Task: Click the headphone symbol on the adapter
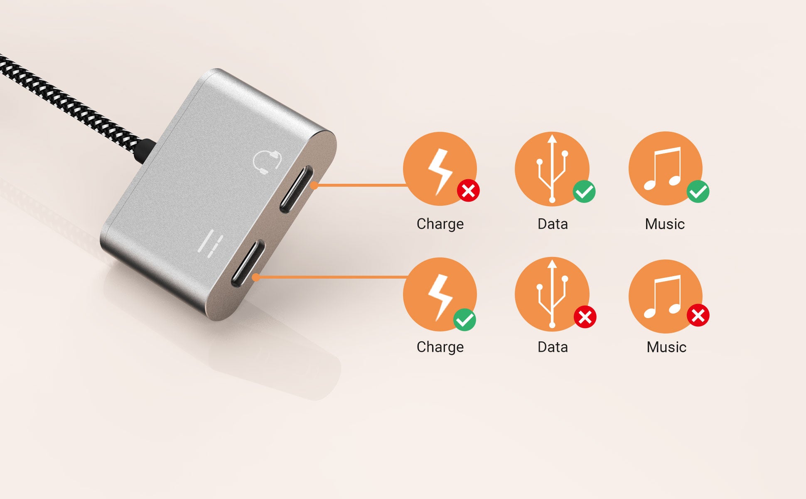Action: point(267,163)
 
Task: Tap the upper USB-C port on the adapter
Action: point(296,189)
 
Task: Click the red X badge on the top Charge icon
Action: point(468,191)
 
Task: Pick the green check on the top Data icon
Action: point(584,191)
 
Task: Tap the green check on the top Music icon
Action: point(698,191)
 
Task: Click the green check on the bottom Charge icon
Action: point(464,320)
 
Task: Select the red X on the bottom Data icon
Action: point(585,317)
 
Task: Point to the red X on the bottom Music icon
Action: point(698,315)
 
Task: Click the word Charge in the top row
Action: point(440,224)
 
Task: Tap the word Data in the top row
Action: point(553,224)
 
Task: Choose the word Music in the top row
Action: point(665,224)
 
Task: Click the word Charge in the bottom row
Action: point(440,347)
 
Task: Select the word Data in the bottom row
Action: point(553,347)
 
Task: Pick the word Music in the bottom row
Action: point(666,347)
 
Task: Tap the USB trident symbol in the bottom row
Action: point(552,294)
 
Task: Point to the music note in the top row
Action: point(663,168)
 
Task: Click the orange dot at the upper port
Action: point(314,185)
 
